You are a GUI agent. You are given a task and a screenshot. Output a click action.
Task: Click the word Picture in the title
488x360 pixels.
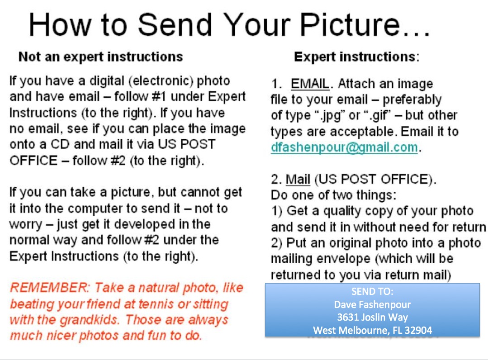click(x=350, y=24)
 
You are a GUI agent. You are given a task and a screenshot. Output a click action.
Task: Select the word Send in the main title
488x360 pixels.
click(x=175, y=24)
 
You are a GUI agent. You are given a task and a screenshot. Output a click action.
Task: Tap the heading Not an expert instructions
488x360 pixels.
click(x=101, y=57)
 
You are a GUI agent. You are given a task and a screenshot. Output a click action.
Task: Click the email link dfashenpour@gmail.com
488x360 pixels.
click(x=344, y=147)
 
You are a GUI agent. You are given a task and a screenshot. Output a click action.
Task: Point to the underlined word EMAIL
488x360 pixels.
click(x=310, y=84)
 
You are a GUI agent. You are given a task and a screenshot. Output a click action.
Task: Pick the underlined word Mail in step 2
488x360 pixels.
click(x=298, y=180)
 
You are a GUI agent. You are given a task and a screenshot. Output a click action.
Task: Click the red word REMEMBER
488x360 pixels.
click(x=50, y=288)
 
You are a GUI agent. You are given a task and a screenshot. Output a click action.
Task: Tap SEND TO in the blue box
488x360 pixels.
click(x=372, y=292)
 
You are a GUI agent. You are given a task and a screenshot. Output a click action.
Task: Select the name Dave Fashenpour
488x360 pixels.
click(x=372, y=304)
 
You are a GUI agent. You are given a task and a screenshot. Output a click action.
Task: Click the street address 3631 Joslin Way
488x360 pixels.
click(x=372, y=317)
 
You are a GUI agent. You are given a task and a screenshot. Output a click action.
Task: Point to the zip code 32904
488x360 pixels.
click(x=417, y=330)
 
